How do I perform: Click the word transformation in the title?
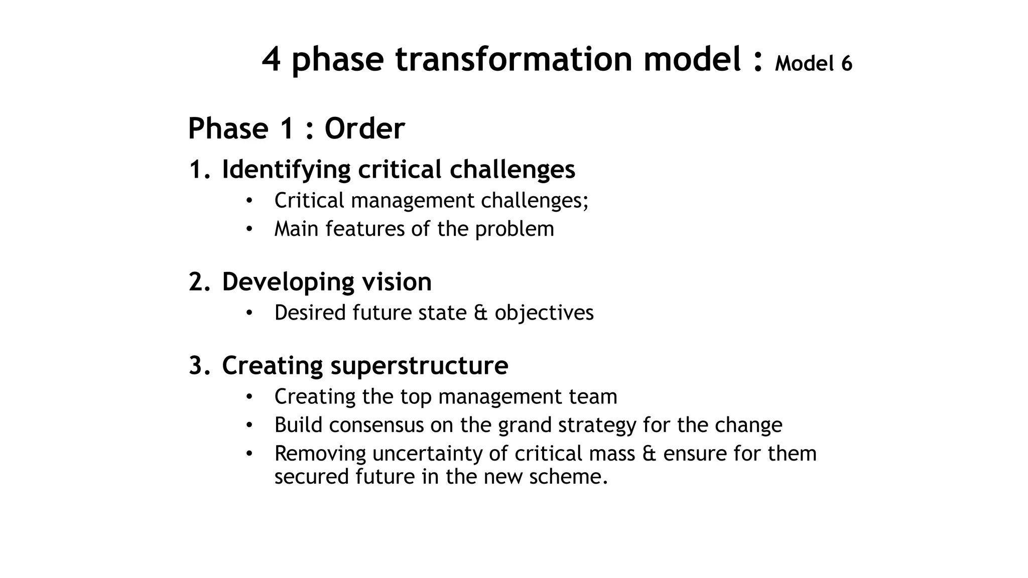click(515, 59)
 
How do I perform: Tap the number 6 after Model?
click(846, 64)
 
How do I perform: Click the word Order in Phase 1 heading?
click(364, 128)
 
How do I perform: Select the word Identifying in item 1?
click(286, 170)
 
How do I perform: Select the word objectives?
click(544, 313)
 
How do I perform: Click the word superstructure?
click(419, 365)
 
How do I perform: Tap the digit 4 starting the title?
click(271, 59)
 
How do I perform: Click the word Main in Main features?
click(296, 229)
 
